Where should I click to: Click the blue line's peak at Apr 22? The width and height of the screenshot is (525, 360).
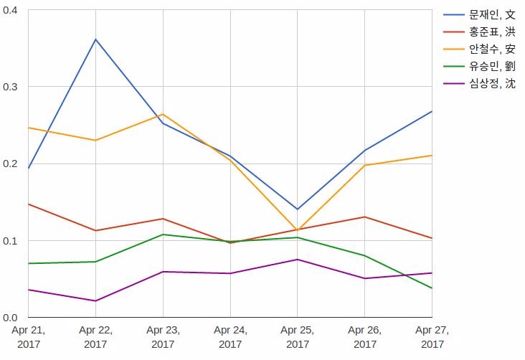(x=95, y=39)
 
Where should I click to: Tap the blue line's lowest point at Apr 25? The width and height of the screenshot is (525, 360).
(x=297, y=209)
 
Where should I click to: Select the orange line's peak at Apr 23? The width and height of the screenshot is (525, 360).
(x=163, y=114)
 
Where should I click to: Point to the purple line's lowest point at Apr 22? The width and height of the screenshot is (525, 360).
(x=95, y=300)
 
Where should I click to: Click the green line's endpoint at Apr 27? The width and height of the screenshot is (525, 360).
(x=432, y=288)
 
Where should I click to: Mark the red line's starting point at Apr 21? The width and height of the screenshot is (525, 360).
(x=28, y=204)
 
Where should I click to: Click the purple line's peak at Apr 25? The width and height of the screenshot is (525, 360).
(x=297, y=259)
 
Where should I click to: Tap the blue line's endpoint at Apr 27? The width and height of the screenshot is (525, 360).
(x=432, y=111)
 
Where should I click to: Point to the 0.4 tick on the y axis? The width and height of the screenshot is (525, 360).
(x=12, y=10)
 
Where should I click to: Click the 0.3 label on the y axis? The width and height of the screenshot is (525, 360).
(x=12, y=87)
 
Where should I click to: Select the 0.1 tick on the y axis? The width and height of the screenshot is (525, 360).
(x=12, y=240)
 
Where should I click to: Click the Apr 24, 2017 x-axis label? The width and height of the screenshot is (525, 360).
(x=230, y=337)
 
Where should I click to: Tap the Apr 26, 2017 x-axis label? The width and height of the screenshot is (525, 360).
(x=364, y=337)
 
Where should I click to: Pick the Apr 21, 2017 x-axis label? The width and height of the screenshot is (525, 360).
(x=28, y=337)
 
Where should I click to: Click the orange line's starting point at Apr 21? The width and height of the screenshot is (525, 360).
(x=28, y=127)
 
